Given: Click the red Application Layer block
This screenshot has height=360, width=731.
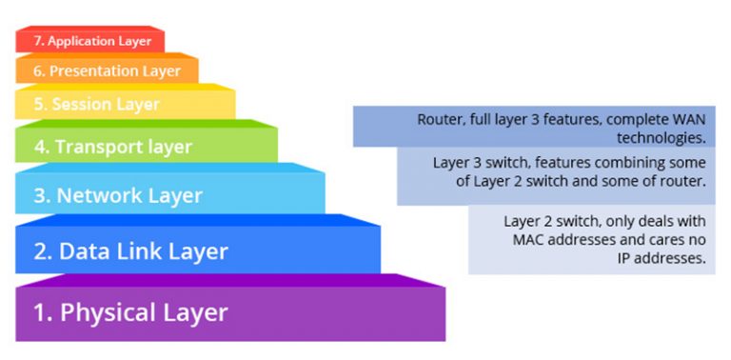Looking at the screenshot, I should coord(90,41).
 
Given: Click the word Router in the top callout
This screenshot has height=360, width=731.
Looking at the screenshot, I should coord(438,120).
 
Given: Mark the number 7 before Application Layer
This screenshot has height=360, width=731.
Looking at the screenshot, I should coord(37,41).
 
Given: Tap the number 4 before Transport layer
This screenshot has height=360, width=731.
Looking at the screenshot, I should coord(41,147).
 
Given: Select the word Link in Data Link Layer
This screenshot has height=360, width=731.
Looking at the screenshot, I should coord(133,251).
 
